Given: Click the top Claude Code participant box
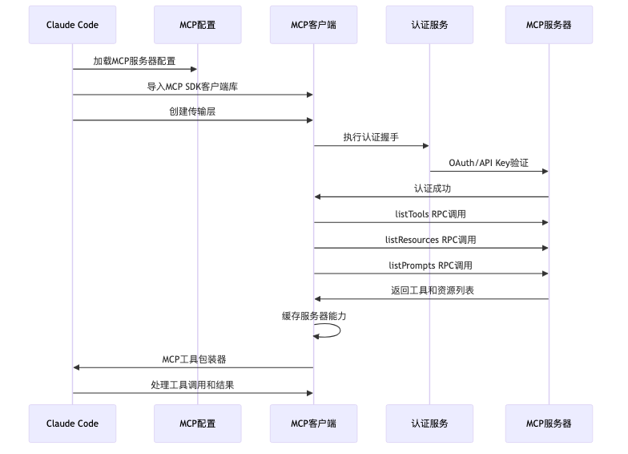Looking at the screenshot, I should coord(72,25).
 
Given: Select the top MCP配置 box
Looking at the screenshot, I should coord(197,25).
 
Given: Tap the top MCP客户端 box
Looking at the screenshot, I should coord(313,25).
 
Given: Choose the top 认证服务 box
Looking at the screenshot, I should coord(429,25).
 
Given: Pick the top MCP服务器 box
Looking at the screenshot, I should coord(549,25).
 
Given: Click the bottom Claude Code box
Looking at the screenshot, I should coord(72,424).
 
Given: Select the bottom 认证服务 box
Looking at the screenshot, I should coord(429,424).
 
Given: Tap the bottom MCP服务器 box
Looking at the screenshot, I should coord(549,424).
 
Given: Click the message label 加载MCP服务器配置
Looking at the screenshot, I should coord(134,61).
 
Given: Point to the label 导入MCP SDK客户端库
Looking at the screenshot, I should coord(192,87).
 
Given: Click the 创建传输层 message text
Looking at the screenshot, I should coord(192,112).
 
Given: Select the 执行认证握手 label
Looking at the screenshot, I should coord(371,137).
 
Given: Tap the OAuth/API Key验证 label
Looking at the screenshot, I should coord(489,163).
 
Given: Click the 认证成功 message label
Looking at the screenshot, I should coord(431,188).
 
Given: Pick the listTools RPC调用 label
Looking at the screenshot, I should coord(431,214).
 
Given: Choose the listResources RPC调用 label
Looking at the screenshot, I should coord(431,240).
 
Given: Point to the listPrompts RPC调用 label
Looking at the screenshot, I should coord(431,265).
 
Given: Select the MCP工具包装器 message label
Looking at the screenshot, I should coord(192,359).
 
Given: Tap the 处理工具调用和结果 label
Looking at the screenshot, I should coord(192,385).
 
